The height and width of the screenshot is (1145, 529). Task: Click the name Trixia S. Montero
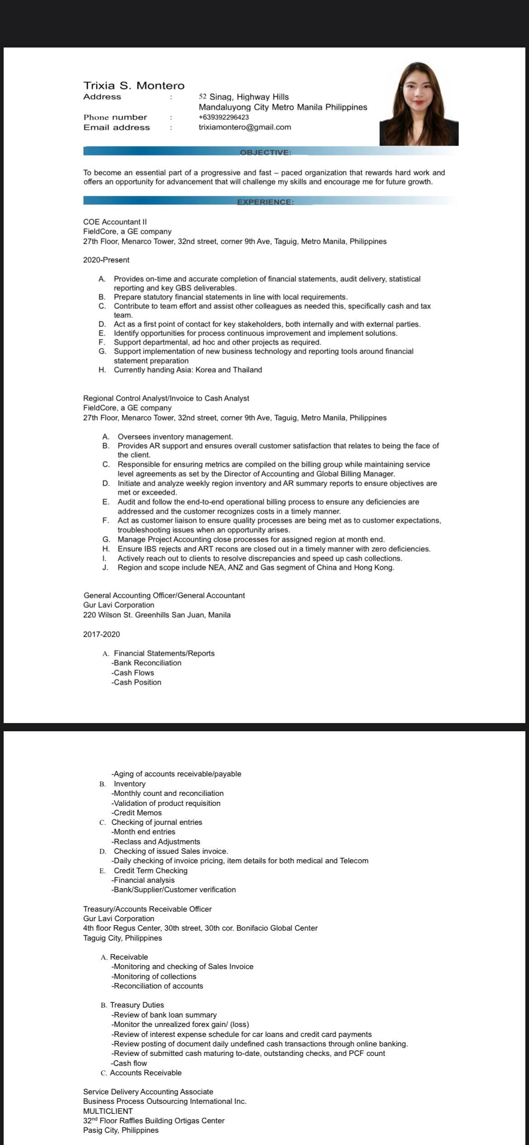(x=134, y=85)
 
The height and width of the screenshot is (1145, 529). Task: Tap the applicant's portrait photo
(x=419, y=104)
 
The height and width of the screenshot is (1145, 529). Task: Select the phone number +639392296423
(x=224, y=117)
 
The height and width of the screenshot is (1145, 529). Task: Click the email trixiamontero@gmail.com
(x=245, y=127)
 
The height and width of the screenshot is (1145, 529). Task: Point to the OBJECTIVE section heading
(x=265, y=152)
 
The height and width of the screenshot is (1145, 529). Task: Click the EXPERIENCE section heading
(x=265, y=202)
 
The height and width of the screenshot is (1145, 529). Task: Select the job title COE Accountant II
(x=115, y=222)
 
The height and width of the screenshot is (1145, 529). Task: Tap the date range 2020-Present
(x=106, y=260)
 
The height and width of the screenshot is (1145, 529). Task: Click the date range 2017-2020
(x=102, y=634)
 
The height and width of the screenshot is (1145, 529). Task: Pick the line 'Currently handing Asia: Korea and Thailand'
(x=188, y=370)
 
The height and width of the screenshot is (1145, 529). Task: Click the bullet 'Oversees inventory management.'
(x=175, y=436)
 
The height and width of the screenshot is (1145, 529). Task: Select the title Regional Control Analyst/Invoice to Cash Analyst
(x=166, y=398)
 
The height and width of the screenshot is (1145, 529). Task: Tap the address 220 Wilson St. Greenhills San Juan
(x=157, y=615)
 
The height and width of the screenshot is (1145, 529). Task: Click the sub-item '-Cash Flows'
(x=132, y=672)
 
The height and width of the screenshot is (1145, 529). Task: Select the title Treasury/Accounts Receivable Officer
(x=147, y=909)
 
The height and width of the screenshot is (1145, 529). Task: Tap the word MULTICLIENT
(x=108, y=1111)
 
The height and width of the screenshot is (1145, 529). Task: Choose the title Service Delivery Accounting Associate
(x=148, y=1092)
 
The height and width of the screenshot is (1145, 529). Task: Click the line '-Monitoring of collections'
(x=154, y=976)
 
